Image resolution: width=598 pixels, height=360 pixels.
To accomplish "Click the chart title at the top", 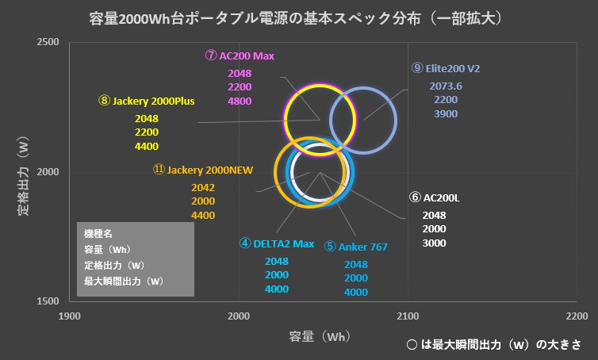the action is point(296,18).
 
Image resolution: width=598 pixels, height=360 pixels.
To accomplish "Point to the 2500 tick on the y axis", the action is point(48,41).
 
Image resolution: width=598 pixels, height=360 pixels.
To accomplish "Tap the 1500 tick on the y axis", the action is point(48,301).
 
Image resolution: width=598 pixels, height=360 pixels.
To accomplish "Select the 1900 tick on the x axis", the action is point(70,316).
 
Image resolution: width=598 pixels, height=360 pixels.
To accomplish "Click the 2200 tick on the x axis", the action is point(577,316).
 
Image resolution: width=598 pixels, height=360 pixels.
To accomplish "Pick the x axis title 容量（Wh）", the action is point(320,336).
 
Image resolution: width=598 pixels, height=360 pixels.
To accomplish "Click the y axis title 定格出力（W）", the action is point(23,176).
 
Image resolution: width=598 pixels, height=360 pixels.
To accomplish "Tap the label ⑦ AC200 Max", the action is point(240,56).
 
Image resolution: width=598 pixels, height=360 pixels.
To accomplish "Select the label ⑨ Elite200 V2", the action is point(446,68).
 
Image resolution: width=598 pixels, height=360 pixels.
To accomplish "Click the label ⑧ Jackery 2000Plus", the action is point(147,101).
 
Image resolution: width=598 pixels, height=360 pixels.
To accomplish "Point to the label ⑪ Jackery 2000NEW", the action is point(203,170).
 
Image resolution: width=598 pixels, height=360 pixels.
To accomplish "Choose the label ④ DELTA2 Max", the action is point(277,243).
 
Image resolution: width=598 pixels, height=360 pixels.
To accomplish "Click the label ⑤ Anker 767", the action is point(356,247).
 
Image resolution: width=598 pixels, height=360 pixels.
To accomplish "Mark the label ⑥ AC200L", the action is point(434,197).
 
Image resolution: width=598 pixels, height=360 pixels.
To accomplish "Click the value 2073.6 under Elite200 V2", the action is point(446,86).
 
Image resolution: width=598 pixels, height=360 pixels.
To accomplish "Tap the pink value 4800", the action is point(240,101).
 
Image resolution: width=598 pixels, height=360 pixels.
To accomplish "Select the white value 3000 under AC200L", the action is point(434,243).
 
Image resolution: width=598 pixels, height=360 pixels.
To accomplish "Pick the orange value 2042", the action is point(203,188).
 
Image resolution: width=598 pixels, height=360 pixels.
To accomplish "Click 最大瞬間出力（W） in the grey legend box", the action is point(124,281).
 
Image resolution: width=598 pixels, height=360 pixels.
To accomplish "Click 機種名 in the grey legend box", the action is point(98,234).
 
